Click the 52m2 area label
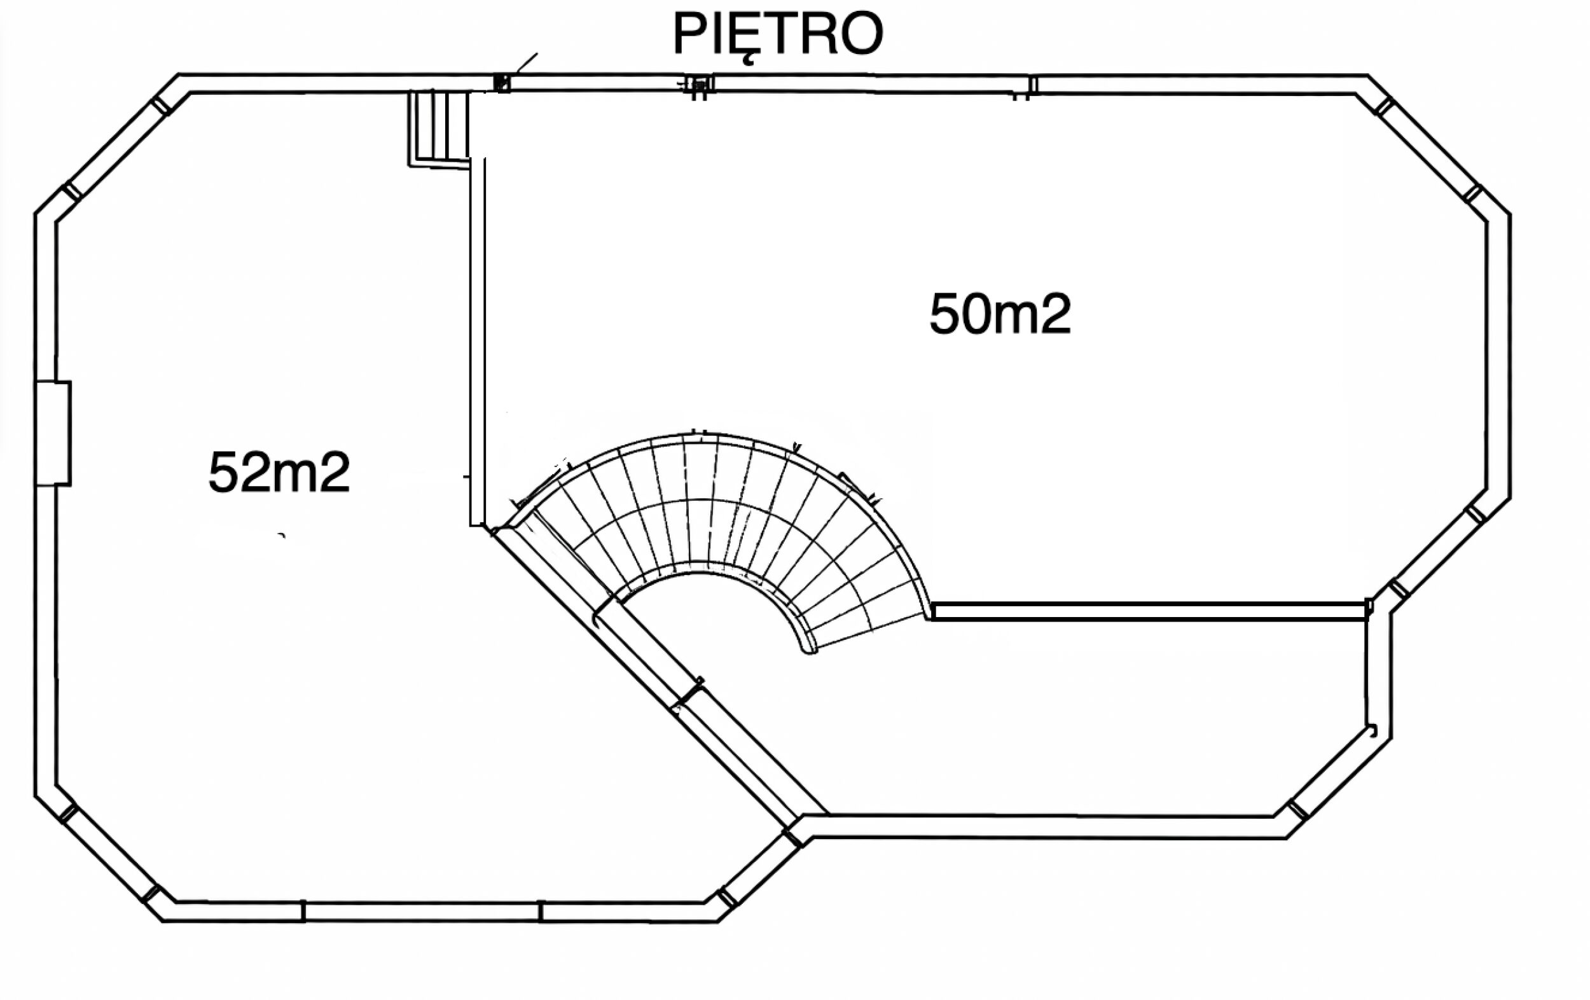coord(279,473)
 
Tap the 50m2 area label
coord(1000,315)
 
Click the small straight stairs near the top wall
coord(439,128)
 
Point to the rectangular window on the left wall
coord(53,434)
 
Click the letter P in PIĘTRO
coord(691,34)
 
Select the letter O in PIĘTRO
coord(862,34)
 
